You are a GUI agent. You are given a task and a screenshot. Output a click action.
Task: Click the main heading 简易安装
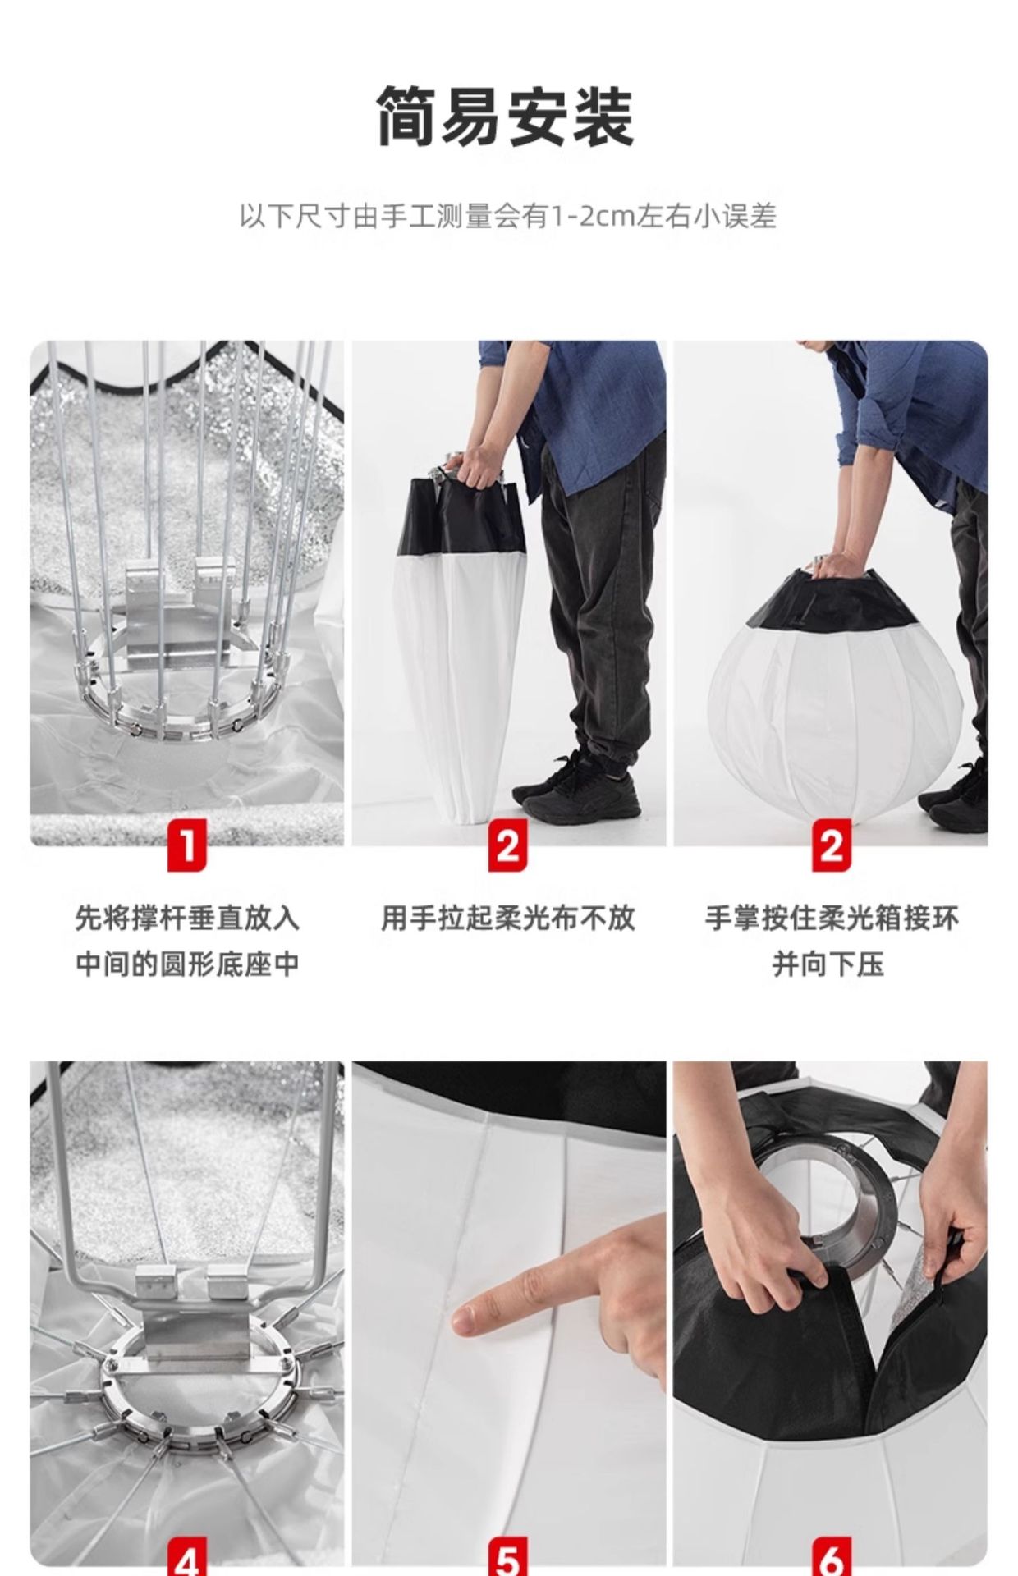[506, 117]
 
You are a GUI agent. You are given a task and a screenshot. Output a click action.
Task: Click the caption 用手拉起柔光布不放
[508, 918]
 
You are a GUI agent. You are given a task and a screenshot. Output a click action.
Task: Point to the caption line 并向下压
[828, 964]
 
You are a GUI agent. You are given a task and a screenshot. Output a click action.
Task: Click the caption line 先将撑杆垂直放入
[187, 918]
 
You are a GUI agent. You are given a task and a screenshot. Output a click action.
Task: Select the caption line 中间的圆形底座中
[187, 964]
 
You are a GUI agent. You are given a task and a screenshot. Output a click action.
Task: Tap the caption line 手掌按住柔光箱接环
[832, 918]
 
